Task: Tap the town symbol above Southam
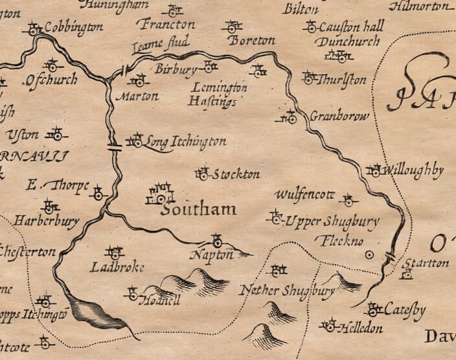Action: click(161, 194)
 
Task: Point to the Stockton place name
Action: click(236, 174)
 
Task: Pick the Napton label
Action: click(211, 255)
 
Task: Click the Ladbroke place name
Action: click(117, 267)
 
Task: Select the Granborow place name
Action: click(339, 117)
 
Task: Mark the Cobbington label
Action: click(73, 28)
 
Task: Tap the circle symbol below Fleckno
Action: click(369, 255)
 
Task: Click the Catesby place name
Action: click(405, 311)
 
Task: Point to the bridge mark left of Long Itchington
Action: click(115, 146)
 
